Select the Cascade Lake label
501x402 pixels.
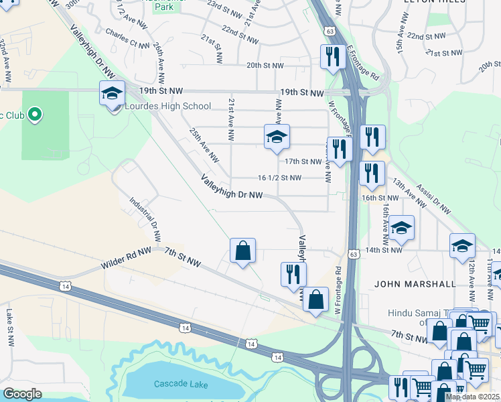(181, 384)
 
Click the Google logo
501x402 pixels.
(22, 394)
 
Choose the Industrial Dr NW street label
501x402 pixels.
(145, 219)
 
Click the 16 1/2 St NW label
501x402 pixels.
(279, 178)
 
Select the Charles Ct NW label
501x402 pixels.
(127, 38)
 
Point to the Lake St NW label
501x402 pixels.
(10, 323)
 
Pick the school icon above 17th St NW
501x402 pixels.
(277, 138)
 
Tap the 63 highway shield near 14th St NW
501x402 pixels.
(352, 254)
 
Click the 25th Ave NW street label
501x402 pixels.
(204, 145)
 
